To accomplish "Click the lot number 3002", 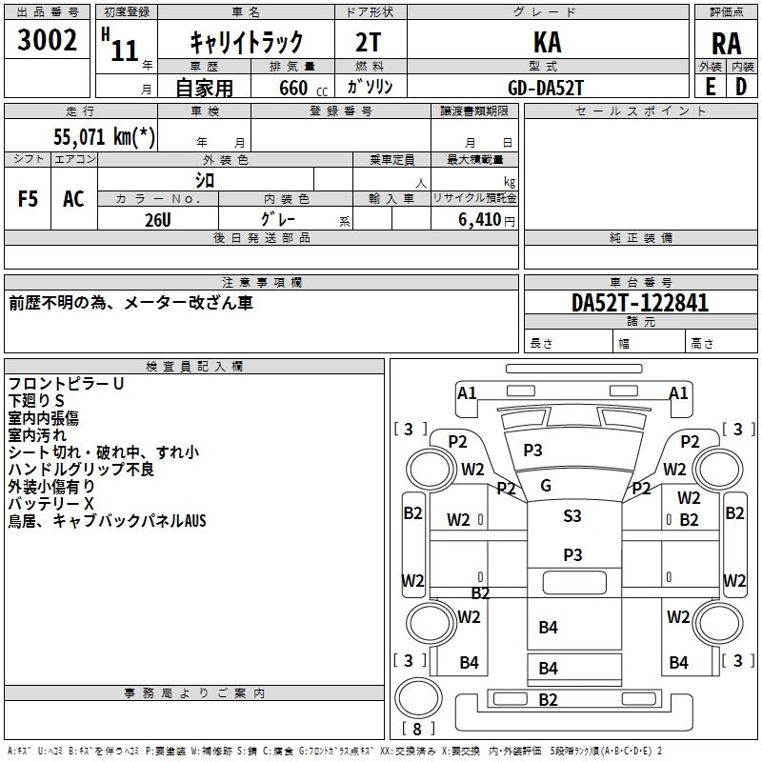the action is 47,41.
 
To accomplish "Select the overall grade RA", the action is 726,43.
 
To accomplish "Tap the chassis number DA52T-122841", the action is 640,303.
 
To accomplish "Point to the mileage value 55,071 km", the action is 104,136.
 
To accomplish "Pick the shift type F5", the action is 28,199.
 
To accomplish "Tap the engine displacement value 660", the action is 292,88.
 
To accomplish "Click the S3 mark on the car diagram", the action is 571,516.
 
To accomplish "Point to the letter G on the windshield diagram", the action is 546,486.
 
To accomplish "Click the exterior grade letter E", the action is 710,87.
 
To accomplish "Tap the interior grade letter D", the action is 741,87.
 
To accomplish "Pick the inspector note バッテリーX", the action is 51,503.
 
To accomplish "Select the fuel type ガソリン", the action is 371,87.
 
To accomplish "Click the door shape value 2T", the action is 370,43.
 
